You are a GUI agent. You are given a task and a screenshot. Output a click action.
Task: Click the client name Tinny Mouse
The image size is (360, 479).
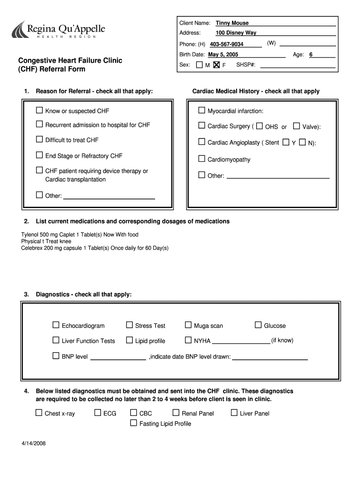[232, 23]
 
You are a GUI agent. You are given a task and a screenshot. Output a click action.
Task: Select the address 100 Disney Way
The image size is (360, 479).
[236, 33]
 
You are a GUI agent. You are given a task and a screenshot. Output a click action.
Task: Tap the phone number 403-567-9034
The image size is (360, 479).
[226, 44]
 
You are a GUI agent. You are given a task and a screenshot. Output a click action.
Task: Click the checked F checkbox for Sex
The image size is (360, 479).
[216, 65]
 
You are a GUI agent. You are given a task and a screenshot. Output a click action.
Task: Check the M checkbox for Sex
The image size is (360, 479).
[200, 65]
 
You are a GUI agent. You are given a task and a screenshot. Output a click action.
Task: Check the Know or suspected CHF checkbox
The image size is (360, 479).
[39, 111]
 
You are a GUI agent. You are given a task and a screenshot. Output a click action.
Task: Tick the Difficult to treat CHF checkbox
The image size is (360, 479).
[39, 139]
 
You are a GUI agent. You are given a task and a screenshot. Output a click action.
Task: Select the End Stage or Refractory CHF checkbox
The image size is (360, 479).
[39, 155]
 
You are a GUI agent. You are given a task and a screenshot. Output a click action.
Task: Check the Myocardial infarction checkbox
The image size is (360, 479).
[202, 111]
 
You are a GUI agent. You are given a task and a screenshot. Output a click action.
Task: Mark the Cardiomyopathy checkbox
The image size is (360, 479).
[202, 159]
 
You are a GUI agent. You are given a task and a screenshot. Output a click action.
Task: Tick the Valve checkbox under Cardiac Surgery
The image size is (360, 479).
[296, 126]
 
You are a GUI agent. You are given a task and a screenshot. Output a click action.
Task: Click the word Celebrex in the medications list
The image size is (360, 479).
[32, 247]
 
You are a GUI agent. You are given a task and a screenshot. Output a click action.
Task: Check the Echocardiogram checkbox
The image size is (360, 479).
[56, 325]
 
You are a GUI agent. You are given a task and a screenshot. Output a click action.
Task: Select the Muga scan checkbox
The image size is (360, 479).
[188, 325]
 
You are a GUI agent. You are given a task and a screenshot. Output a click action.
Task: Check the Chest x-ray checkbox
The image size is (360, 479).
[39, 413]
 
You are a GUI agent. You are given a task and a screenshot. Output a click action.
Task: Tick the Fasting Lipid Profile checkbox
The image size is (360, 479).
[133, 423]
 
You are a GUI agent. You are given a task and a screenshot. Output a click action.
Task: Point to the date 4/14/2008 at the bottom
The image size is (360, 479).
[33, 443]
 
